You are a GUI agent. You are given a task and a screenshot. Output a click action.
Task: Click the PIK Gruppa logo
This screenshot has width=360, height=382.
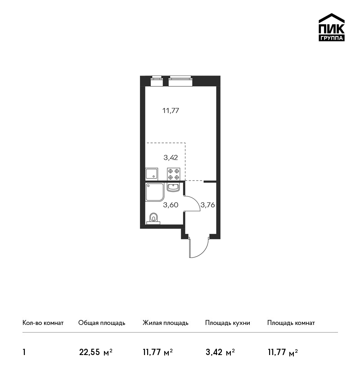[332, 27]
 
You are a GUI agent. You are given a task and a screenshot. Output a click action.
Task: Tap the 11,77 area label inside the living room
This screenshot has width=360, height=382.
[171, 111]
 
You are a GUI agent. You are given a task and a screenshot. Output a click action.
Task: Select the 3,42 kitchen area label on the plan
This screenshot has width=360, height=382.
[171, 158]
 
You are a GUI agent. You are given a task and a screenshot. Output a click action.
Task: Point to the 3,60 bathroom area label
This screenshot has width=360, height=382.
[171, 205]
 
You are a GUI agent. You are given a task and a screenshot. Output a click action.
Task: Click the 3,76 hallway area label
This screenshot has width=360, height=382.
[207, 205]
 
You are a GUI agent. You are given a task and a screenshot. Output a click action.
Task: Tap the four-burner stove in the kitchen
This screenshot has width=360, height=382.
[174, 174]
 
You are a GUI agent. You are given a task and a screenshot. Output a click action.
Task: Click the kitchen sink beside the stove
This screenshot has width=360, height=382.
[152, 174]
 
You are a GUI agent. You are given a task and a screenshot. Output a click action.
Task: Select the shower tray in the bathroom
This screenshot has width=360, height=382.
[155, 192]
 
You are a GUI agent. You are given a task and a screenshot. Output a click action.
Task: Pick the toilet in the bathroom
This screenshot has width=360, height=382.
[153, 218]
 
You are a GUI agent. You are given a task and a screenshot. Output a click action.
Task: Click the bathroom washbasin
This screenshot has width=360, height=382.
[173, 187]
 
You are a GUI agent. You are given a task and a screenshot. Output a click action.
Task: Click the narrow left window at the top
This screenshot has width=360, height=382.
[157, 81]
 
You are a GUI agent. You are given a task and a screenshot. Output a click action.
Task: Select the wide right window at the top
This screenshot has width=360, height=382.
[180, 81]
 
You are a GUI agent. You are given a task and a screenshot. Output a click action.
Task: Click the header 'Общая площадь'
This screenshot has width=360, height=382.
[102, 323]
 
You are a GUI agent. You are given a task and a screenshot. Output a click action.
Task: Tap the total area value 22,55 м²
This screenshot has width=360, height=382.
[95, 352]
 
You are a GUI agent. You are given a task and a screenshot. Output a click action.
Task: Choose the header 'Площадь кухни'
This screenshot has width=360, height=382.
[228, 323]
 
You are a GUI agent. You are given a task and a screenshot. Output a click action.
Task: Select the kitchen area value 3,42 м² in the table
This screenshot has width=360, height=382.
[220, 352]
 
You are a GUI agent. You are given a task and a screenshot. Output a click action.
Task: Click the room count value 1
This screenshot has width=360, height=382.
[24, 352]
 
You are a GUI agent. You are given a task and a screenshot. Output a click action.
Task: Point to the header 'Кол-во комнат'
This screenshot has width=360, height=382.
[43, 323]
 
